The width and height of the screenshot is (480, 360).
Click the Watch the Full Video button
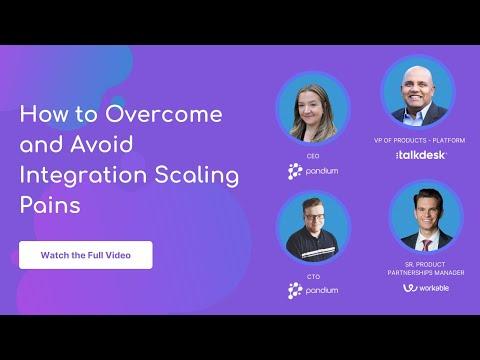pos(86,255)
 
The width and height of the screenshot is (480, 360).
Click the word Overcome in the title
pos(164,114)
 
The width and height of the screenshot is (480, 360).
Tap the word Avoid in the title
pos(102,144)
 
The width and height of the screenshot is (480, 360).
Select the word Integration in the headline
pos(83,175)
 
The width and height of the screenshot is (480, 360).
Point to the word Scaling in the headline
pos(197,176)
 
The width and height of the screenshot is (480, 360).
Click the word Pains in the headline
pos(50,205)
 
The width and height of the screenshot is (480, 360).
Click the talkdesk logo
pos(421,155)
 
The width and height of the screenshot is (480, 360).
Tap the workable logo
pos(426,288)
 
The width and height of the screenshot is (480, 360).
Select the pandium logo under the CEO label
pos(313,171)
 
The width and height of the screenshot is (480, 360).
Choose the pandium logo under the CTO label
pos(313,290)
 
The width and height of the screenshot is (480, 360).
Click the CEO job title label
pos(313,156)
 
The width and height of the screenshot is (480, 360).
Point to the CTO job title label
pos(313,277)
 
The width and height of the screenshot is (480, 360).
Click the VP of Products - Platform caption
pos(419,140)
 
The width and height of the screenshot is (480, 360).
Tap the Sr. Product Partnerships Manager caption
pos(426,269)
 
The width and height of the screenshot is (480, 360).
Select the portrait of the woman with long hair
pos(313,109)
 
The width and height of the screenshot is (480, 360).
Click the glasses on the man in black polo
pos(314,217)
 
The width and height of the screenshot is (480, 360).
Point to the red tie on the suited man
pos(426,245)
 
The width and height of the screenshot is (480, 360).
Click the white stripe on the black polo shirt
pos(318,252)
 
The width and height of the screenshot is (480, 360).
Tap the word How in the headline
pos(43,114)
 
